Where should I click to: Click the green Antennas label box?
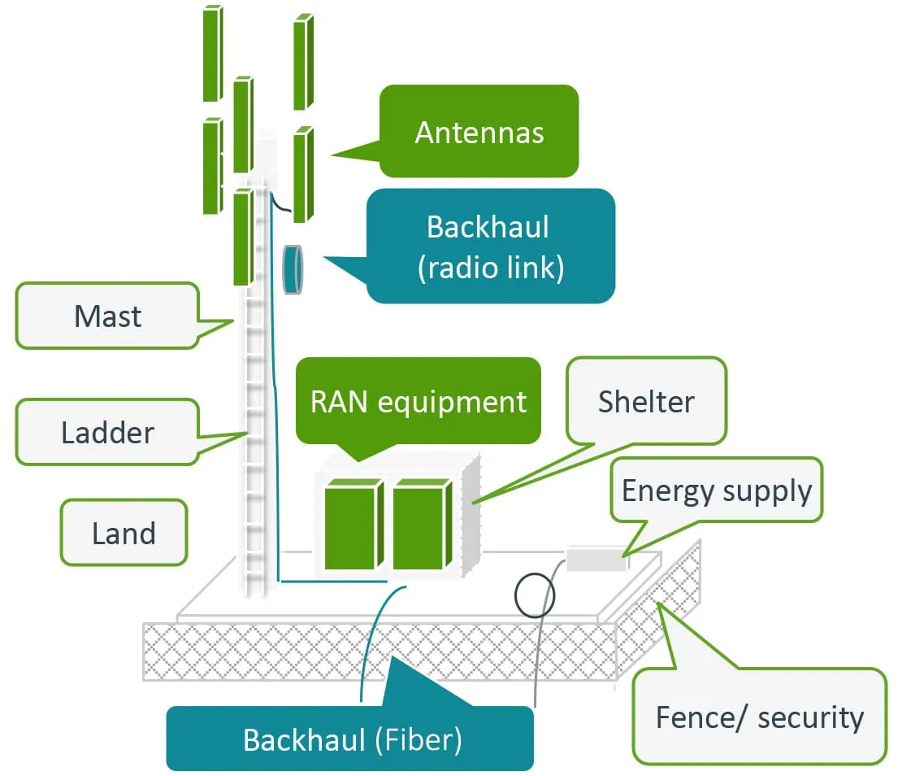pyautogui.click(x=479, y=132)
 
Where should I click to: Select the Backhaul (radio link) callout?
pyautogui.click(x=490, y=246)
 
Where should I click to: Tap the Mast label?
pyautogui.click(x=107, y=316)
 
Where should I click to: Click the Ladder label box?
pyautogui.click(x=107, y=432)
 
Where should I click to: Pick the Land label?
pyautogui.click(x=124, y=533)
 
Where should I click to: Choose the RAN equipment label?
pyautogui.click(x=418, y=401)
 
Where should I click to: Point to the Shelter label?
pyautogui.click(x=646, y=401)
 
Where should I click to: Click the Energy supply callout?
pyautogui.click(x=716, y=490)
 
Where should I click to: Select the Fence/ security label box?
pyautogui.click(x=759, y=717)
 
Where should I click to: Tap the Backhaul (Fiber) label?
pyautogui.click(x=351, y=739)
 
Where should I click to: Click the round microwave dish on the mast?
pyautogui.click(x=293, y=269)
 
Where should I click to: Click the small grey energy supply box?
pyautogui.click(x=596, y=560)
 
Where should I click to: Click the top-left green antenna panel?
pyautogui.click(x=212, y=54)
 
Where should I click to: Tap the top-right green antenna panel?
pyautogui.click(x=302, y=62)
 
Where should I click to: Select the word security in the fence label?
pyautogui.click(x=809, y=717)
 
